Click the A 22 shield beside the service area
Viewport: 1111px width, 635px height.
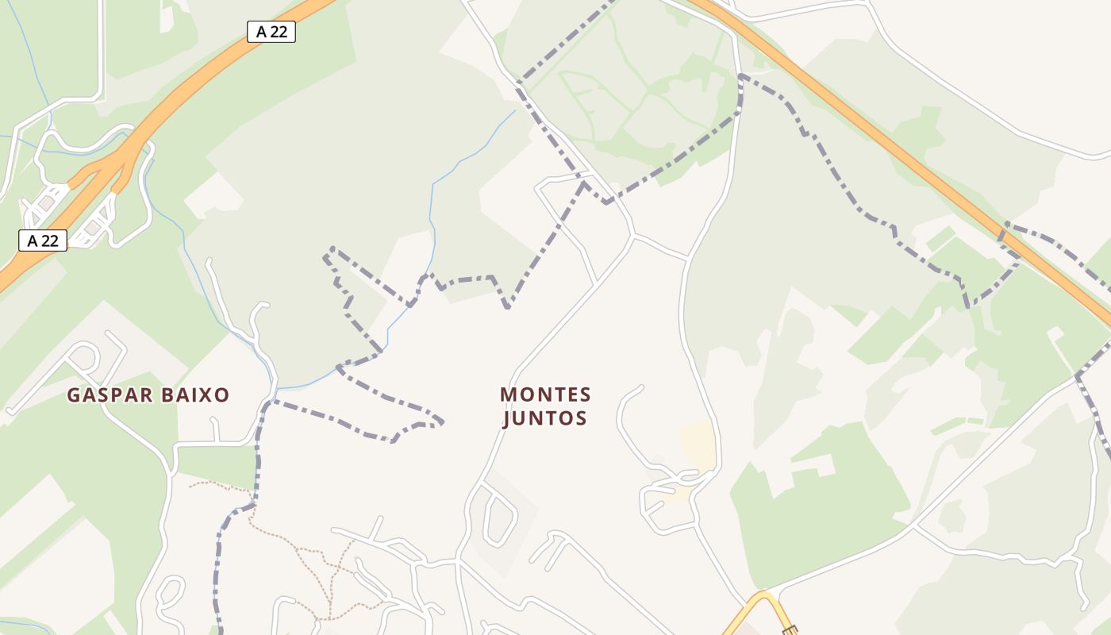coord(43,241)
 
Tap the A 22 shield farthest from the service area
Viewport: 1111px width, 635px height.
coord(271,32)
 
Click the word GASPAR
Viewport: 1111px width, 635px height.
coord(108,395)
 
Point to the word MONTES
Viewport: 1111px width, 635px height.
coord(546,394)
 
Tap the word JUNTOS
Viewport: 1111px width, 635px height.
coord(546,418)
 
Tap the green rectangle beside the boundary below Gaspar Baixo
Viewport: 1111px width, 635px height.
coord(215,464)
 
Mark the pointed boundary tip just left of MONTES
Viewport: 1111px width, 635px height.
coord(441,421)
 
